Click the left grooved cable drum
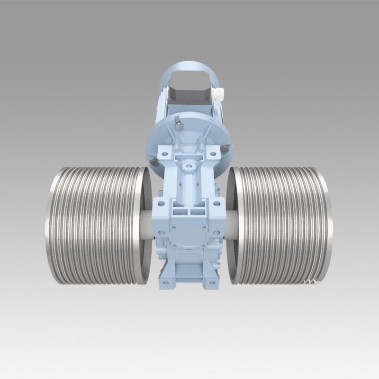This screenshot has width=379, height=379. pos(95,225)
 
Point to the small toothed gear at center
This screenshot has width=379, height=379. pos(189,167)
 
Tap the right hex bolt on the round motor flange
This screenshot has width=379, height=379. pos(225,149)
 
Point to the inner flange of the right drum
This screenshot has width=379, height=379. pos(233,225)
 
